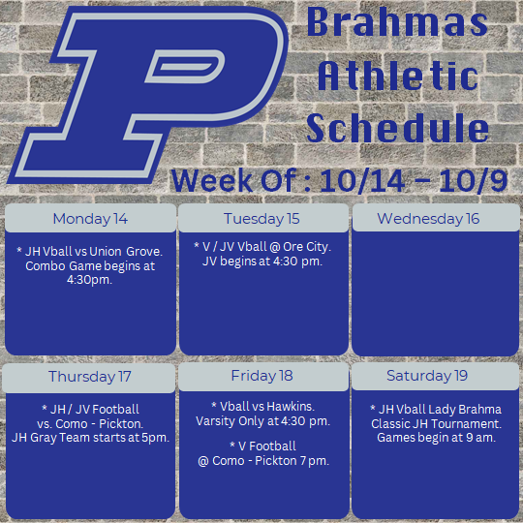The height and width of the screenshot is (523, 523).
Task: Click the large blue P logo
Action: coord(145,92)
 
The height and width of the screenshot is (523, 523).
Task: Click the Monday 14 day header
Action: coord(90,219)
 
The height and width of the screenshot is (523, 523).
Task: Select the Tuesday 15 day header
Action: coord(261,219)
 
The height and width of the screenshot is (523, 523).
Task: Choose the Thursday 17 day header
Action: coord(90,376)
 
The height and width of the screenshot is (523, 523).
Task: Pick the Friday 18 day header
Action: coord(261,376)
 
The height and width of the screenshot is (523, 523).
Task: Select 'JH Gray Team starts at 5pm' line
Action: coord(90,438)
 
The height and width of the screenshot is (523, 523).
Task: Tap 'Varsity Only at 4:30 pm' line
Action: coord(262,421)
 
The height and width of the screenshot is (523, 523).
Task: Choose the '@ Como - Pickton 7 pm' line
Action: coord(263,461)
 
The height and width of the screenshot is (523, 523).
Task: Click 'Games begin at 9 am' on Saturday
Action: coord(435,438)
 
